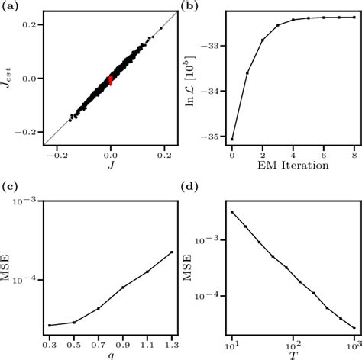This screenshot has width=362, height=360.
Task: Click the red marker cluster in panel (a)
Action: click(111, 79)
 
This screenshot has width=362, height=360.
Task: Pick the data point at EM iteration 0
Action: click(232, 139)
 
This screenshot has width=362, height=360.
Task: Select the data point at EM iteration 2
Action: click(263, 40)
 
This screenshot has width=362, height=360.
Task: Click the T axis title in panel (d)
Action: click(293, 352)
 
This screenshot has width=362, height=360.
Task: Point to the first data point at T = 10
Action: click(231, 212)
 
